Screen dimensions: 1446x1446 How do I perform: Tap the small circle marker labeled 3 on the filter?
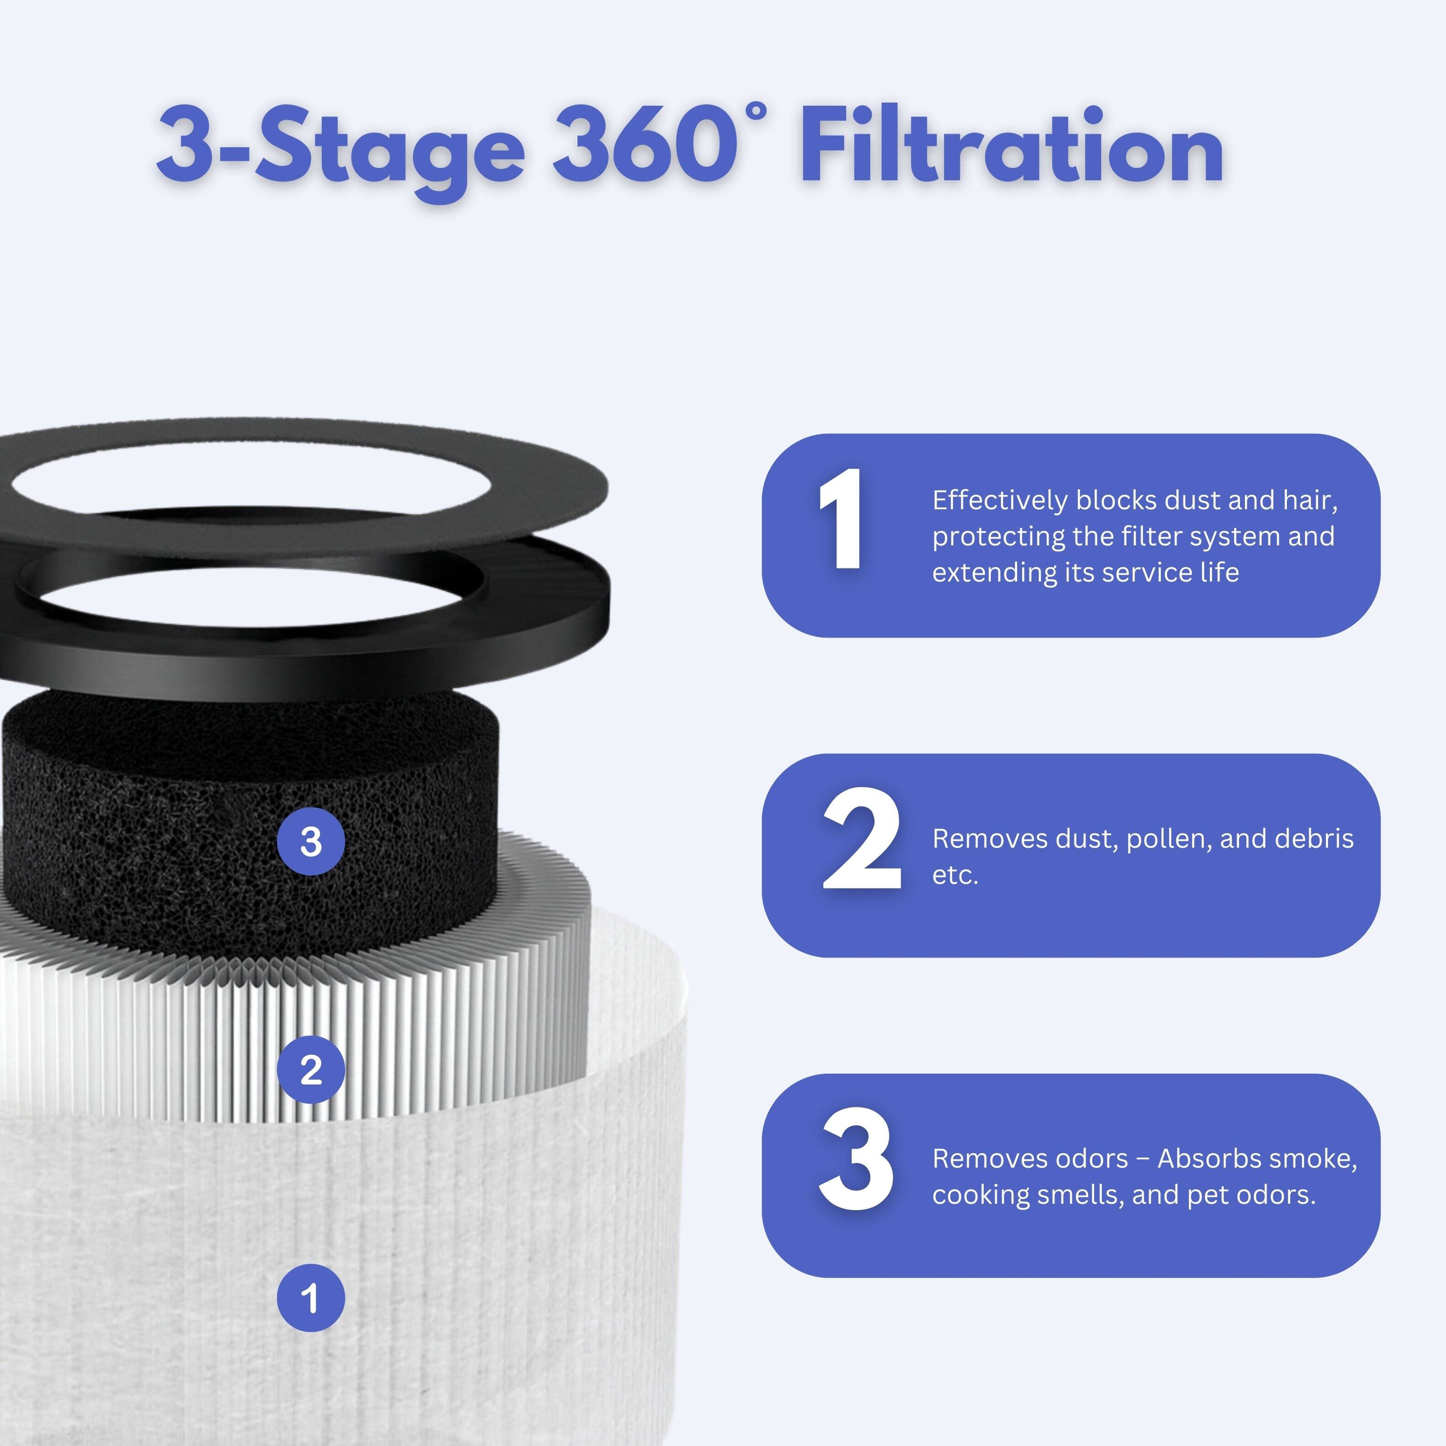(310, 842)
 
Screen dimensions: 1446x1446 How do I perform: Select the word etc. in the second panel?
(955, 875)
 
